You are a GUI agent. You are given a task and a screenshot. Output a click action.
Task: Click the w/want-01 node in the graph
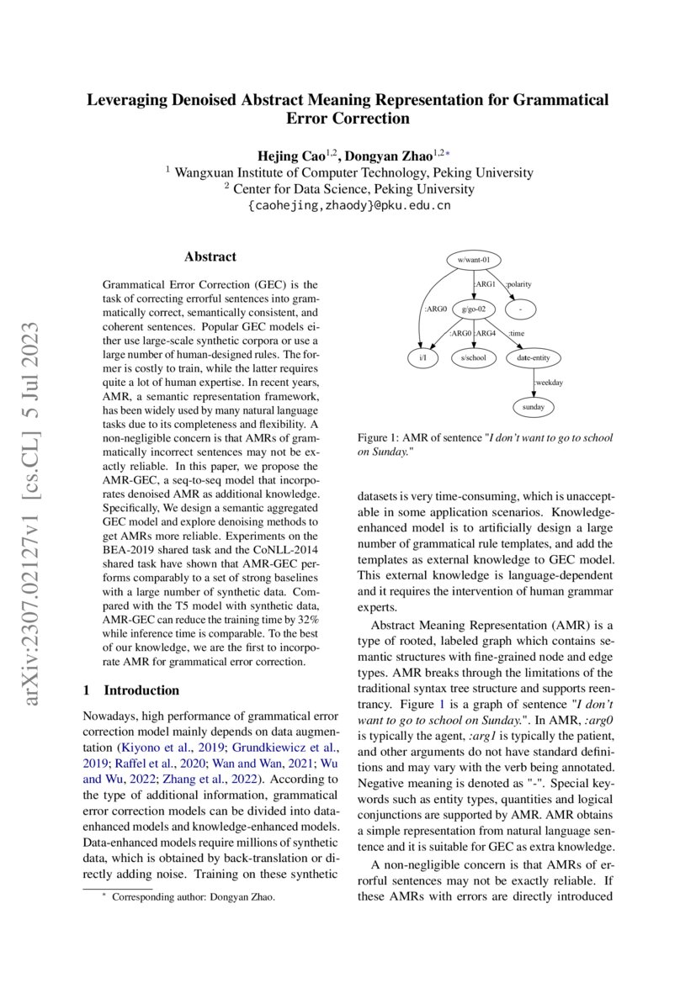pos(473,260)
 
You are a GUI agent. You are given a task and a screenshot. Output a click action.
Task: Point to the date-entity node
pos(534,358)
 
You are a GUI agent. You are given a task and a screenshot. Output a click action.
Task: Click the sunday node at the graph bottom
pos(534,407)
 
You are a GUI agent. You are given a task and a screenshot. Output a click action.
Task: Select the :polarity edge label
pos(518,284)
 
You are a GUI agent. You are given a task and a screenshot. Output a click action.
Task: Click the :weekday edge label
pos(548,383)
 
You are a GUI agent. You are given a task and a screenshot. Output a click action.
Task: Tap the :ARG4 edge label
pos(486,334)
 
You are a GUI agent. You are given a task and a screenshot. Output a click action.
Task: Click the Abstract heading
pos(210,257)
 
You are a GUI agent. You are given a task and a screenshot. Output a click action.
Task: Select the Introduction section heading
pos(141,690)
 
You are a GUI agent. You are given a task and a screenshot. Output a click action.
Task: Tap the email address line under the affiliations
pos(348,205)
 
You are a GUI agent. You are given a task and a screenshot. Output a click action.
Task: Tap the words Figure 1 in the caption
pos(378,438)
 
